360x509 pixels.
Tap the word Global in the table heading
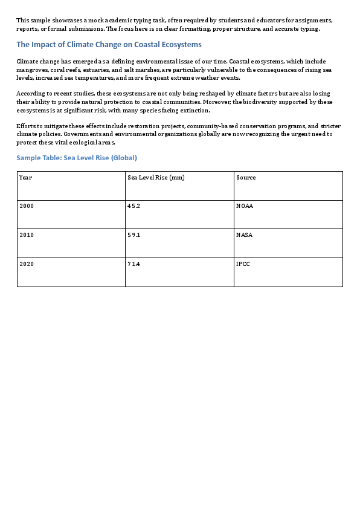click(x=123, y=158)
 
